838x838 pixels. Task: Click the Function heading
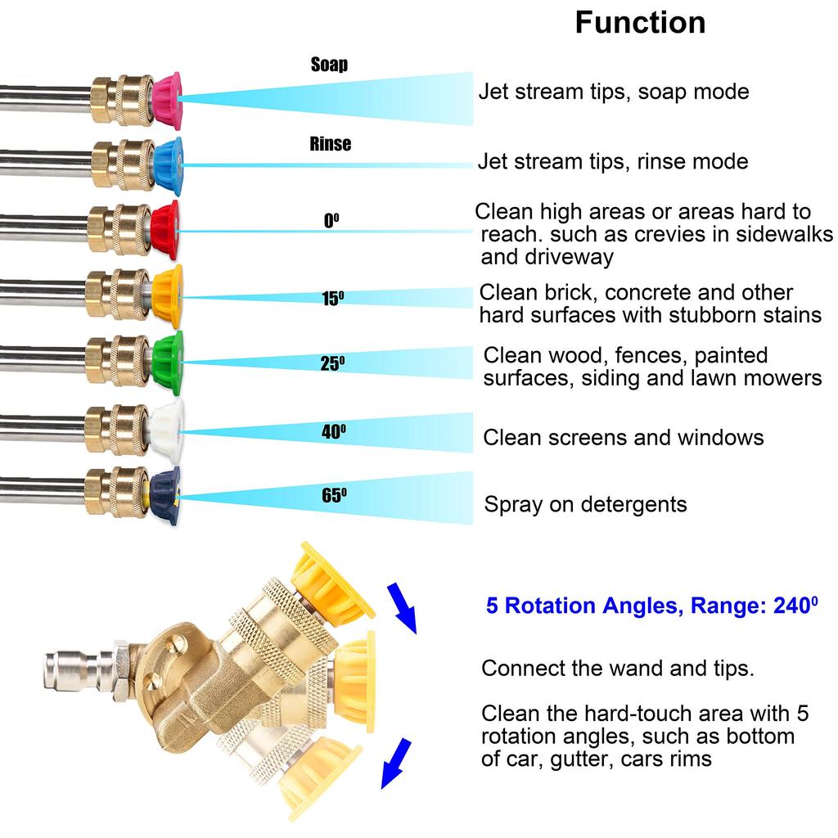coord(640,22)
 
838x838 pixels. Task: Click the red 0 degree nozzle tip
coord(165,231)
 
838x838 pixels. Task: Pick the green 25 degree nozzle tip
coord(169,362)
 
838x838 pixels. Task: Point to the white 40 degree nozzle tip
coord(169,429)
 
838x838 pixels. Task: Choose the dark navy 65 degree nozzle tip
coord(167,496)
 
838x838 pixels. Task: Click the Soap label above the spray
coord(329,65)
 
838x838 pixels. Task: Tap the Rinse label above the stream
coord(331,144)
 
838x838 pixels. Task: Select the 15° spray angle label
coord(332,298)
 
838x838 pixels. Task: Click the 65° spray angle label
coord(333,495)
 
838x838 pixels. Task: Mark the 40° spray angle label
coord(333,432)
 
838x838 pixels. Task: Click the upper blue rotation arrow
coord(402,606)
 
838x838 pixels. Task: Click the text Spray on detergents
coord(585,504)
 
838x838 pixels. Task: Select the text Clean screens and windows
coord(623,437)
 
